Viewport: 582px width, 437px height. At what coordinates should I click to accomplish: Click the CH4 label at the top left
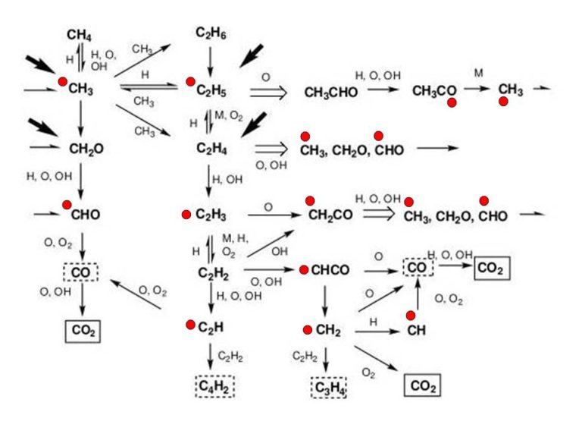click(79, 36)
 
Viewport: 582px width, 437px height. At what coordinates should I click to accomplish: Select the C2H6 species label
click(211, 33)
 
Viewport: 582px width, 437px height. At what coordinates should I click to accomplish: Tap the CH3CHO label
click(330, 93)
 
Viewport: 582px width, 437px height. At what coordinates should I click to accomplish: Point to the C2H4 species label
click(211, 149)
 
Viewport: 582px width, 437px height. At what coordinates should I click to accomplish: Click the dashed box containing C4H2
click(215, 386)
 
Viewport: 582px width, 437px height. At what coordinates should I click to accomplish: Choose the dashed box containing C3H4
click(328, 388)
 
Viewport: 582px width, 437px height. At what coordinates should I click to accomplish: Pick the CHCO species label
click(330, 270)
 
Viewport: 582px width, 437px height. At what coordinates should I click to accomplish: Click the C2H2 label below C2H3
click(213, 273)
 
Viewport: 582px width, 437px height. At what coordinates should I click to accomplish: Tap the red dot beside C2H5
click(190, 82)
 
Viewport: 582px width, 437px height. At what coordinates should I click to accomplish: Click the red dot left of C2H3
click(186, 215)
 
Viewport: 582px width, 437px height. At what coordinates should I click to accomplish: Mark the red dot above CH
click(411, 316)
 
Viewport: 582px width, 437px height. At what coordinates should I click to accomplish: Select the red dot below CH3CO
click(452, 103)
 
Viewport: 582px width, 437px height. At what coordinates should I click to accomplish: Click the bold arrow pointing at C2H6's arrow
click(252, 55)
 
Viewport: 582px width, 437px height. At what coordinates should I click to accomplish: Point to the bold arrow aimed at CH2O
click(43, 127)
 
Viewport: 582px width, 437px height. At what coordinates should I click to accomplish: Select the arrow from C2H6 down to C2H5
click(211, 61)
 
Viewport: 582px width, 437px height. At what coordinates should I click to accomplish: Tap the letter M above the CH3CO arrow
click(479, 73)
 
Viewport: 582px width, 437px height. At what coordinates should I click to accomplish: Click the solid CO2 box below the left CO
click(83, 331)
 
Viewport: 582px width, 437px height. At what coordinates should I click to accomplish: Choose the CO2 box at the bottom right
click(422, 385)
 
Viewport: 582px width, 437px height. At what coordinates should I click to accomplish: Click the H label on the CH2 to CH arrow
click(374, 322)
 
